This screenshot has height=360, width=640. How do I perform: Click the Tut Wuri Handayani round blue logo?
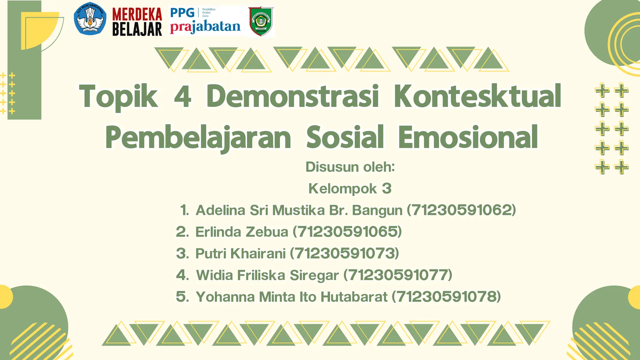(x=90, y=19)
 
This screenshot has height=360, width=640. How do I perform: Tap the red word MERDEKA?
(x=137, y=14)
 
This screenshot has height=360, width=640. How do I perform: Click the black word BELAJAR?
(x=137, y=29)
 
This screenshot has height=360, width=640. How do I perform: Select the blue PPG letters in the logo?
(x=182, y=13)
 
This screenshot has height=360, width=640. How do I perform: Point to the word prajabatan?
(x=205, y=27)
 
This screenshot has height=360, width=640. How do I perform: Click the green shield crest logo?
(x=261, y=21)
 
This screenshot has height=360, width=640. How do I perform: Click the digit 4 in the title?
(x=182, y=96)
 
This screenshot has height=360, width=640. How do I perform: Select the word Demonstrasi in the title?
(x=292, y=96)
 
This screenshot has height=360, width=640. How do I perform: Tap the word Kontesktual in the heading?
(x=477, y=96)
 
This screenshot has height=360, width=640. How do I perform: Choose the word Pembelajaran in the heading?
(x=198, y=137)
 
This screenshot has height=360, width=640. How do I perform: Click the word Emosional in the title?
(x=468, y=137)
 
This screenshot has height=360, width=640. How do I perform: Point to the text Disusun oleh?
(x=350, y=167)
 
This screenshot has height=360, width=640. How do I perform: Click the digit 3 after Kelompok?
(x=387, y=188)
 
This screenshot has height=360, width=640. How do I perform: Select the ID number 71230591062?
(x=461, y=210)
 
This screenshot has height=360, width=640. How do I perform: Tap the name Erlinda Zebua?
(x=242, y=232)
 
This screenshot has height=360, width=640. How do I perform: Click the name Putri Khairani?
(x=240, y=253)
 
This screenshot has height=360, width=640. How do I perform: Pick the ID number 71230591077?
(x=398, y=275)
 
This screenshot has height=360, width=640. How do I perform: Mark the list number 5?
(x=182, y=297)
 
